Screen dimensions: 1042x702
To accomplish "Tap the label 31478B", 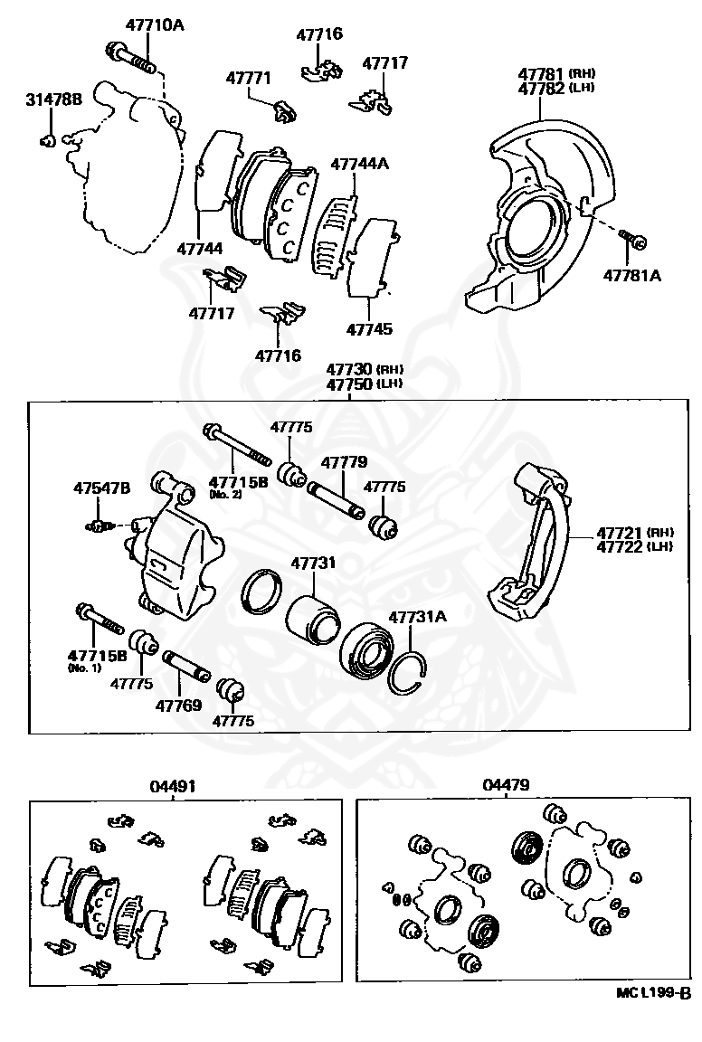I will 52,99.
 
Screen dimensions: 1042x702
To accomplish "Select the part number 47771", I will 248,80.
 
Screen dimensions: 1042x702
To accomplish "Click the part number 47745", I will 369,330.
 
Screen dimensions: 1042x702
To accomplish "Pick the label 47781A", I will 633,276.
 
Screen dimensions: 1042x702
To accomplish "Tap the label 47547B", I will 101,488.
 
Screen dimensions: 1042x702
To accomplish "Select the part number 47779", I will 344,462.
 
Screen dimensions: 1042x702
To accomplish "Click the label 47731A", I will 418,617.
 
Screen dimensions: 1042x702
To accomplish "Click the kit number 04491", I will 173,787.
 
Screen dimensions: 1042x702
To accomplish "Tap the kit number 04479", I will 506,786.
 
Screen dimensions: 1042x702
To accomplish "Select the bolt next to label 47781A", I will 631,239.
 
